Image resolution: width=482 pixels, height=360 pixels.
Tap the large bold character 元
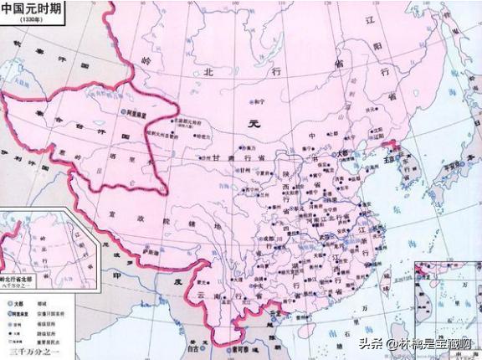pyautogui.click(x=256, y=123)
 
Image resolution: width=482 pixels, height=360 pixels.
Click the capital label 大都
pyautogui.click(x=341, y=154)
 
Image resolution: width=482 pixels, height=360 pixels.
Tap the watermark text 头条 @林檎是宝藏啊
pyautogui.click(x=414, y=342)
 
